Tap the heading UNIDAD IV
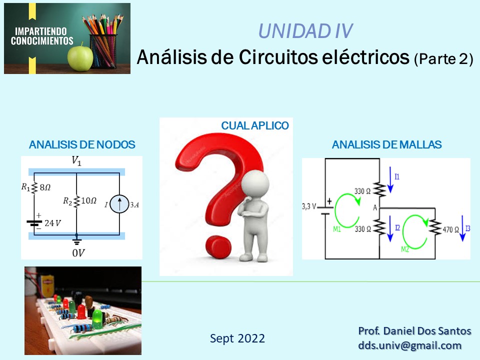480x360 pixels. [305, 31]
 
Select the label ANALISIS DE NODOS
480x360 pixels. [82, 145]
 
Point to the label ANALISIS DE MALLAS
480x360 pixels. [386, 145]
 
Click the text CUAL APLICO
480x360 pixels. [255, 126]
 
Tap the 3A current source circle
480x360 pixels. [119, 204]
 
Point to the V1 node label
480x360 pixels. [76, 161]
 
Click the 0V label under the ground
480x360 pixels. [78, 253]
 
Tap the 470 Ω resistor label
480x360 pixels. [453, 230]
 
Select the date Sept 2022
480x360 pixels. [237, 338]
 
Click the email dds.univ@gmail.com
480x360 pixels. [409, 345]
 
